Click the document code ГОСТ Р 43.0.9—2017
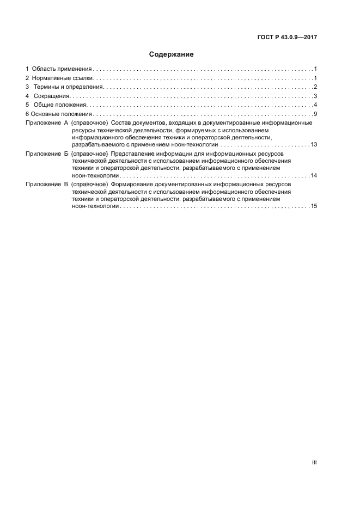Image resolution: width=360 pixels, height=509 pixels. pyautogui.click(x=287, y=38)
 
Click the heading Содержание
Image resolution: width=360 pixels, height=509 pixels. pyautogui.click(x=171, y=54)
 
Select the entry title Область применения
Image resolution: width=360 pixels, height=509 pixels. pyautogui.click(x=62, y=69)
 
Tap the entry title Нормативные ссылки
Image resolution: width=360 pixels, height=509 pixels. pyautogui.click(x=63, y=78)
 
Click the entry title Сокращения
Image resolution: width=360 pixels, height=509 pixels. pyautogui.click(x=51, y=96)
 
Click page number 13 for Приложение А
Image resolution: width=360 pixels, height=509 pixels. pyautogui.click(x=314, y=145)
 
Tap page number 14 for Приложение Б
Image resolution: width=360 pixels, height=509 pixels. pyautogui.click(x=314, y=176)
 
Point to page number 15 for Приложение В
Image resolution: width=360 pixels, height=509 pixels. pyautogui.click(x=314, y=207)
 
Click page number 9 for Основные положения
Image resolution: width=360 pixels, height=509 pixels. pyautogui.click(x=315, y=114)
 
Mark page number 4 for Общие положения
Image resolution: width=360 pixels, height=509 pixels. pyautogui.click(x=315, y=105)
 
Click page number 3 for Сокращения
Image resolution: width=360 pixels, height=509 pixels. pyautogui.click(x=315, y=96)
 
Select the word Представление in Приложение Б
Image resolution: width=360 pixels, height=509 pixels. pyautogui.click(x=132, y=154)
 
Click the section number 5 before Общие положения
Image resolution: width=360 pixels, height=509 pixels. pyautogui.click(x=27, y=105)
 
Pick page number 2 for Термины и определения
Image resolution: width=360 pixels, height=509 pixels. pyautogui.click(x=315, y=87)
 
